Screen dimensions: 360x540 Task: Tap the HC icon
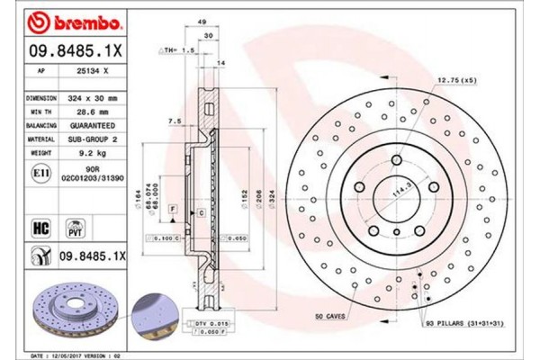tap(40, 228)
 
